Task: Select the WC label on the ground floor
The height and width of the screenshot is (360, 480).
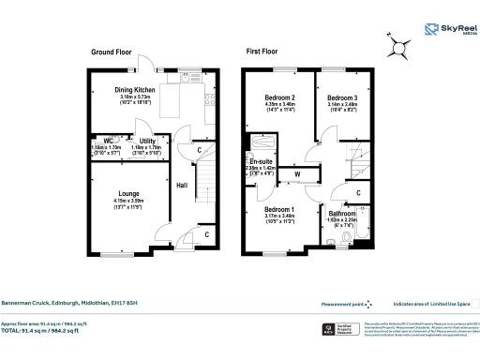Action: coord(109,140)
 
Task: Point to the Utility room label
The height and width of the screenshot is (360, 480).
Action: coord(148,140)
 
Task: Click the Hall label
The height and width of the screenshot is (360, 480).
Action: coord(183,185)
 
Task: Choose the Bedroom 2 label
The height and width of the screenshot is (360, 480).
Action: coord(280,97)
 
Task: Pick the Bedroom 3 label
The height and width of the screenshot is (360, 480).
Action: coord(342,97)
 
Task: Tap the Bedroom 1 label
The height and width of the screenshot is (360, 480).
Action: coord(278,209)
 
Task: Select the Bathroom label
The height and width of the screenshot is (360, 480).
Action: coord(340,214)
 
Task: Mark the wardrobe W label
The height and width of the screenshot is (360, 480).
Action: coord(296,173)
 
